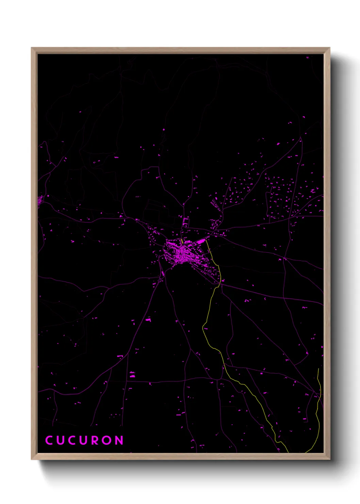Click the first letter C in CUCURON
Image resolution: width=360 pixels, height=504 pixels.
click(x=49, y=440)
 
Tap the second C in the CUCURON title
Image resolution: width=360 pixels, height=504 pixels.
click(x=70, y=440)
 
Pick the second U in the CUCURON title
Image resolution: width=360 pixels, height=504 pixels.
click(x=82, y=440)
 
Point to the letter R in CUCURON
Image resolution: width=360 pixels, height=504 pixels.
click(x=95, y=440)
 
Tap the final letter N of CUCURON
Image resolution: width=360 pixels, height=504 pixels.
click(x=119, y=440)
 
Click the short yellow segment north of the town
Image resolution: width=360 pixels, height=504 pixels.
click(x=182, y=240)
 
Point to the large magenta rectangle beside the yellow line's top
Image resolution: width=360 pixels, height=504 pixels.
click(x=200, y=241)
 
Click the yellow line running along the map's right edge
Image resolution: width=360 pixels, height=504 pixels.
click(x=318, y=409)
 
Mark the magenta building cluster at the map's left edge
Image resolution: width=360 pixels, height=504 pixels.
click(x=40, y=201)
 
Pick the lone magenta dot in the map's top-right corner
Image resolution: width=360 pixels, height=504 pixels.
click(x=307, y=58)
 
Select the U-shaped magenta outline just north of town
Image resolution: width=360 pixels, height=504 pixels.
click(x=185, y=222)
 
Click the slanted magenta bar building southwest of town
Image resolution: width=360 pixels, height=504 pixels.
click(x=163, y=273)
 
